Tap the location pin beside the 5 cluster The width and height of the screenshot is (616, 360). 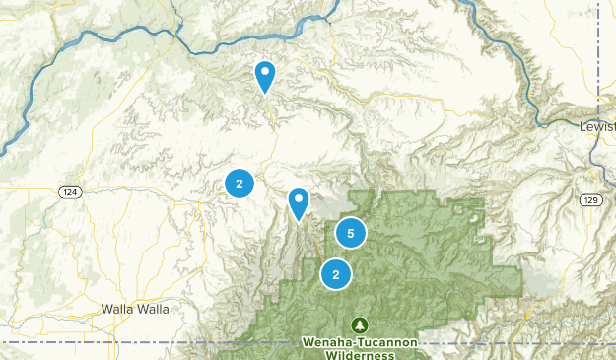[298, 203]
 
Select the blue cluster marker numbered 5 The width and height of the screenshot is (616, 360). [350, 233]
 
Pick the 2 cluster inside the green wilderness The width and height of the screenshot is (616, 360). [336, 274]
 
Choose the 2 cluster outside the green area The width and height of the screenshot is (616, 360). [240, 182]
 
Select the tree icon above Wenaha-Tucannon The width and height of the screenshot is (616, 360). [361, 324]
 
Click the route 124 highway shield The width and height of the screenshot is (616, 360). [68, 190]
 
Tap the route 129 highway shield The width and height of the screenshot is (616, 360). [589, 200]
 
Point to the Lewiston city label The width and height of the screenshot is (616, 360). [598, 125]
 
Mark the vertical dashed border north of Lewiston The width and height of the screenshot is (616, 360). [598, 59]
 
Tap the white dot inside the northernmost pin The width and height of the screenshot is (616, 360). [264, 71]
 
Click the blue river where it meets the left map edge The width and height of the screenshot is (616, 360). [4, 148]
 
